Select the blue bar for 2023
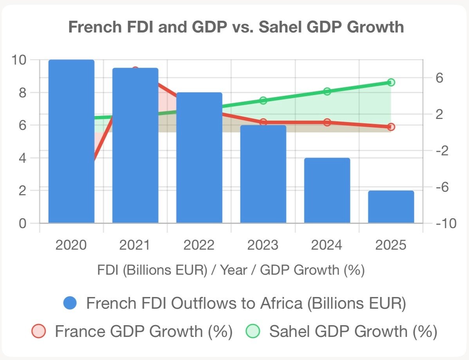pos(263,174)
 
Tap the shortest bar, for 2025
pos(391,207)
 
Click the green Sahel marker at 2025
pos(391,82)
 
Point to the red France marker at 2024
pos(327,122)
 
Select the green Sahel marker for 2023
pos(263,101)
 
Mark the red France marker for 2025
pos(391,127)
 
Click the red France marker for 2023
pos(263,122)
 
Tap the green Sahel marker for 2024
pos(327,92)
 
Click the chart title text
pos(236,27)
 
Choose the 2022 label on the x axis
pos(199,245)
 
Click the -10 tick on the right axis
pos(446,223)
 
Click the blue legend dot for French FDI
pos(70,303)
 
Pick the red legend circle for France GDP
pos(38,331)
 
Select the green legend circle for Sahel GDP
pos(253,331)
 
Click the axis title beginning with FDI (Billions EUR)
pos(231,270)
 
